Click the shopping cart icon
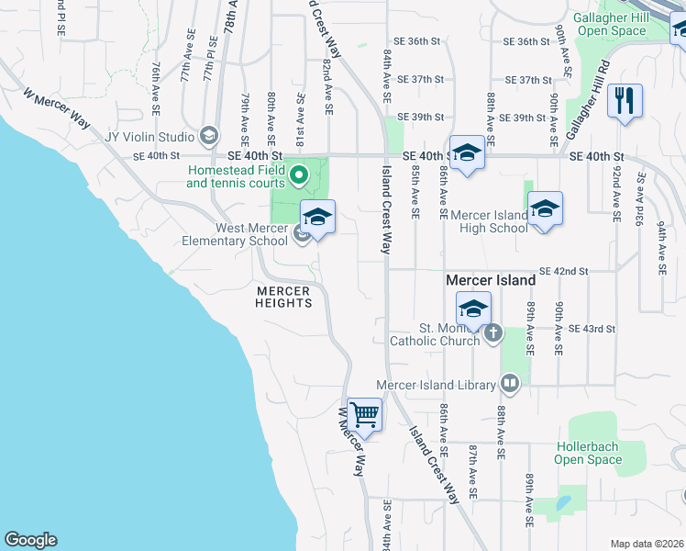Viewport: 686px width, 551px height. coord(365,415)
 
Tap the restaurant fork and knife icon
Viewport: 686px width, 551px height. coord(625,100)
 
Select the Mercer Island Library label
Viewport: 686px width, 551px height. coord(435,386)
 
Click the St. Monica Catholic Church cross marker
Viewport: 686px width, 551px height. coord(493,332)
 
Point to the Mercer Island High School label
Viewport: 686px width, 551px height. coord(490,221)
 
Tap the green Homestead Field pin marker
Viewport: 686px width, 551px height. coord(297,172)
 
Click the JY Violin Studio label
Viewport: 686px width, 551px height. coord(149,137)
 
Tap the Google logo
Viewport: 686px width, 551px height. coord(30,540)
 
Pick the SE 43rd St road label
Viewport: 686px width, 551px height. coord(592,328)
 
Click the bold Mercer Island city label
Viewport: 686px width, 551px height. coord(491,279)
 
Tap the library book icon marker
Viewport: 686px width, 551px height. coord(510,385)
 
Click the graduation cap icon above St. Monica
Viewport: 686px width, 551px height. coord(473,309)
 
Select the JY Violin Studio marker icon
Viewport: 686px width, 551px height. coord(209,137)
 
